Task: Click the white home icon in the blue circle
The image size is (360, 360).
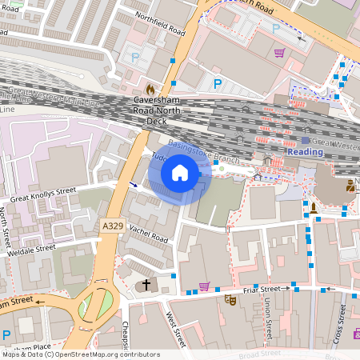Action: click(180, 173)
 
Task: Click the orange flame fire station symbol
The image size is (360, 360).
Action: click(150, 87)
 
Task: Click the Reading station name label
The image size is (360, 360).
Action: click(306, 151)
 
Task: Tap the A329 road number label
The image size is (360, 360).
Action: click(114, 228)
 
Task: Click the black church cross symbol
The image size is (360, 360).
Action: click(146, 284)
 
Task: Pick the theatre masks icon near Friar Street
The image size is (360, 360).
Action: click(230, 300)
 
